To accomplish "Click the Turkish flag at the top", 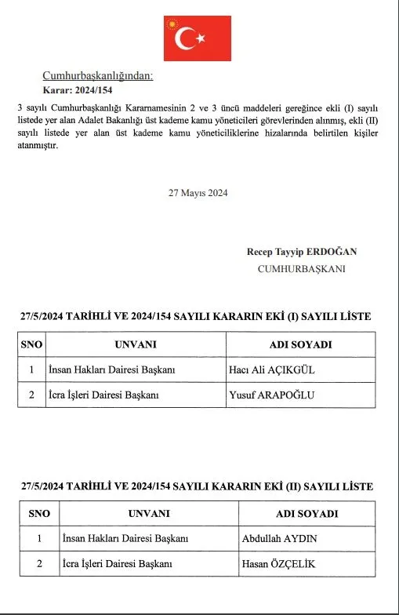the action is coord(198,38).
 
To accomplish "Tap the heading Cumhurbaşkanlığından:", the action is coord(98,76).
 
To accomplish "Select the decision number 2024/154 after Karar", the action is coord(96,89).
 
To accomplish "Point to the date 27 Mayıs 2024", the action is coord(198,193).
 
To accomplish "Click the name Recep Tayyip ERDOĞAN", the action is coord(301,251).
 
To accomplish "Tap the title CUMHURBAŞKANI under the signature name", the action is coord(302,268).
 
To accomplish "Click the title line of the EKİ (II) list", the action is coord(196,487).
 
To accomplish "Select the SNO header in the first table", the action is coord(31,344).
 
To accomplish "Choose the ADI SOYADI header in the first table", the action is coord(301,344).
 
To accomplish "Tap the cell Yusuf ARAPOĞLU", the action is coord(271,395).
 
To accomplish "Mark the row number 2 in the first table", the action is coord(31,395).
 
